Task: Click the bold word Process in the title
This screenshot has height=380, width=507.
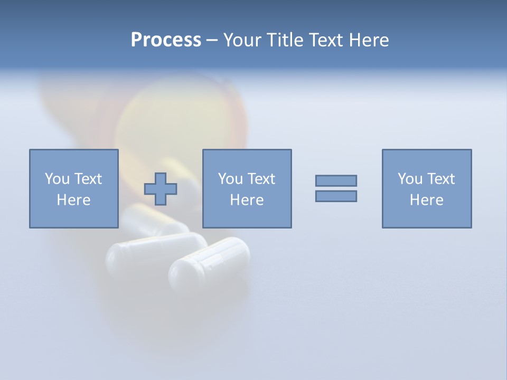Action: [166, 40]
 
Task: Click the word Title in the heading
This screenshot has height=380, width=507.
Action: [285, 40]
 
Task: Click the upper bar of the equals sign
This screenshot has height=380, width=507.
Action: [336, 180]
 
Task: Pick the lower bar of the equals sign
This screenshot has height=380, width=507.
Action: [336, 196]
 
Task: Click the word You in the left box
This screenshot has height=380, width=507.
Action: [58, 179]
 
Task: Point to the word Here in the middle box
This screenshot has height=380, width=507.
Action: [247, 200]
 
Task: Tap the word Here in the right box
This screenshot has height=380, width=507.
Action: [427, 200]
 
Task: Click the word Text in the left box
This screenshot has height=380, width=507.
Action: [88, 179]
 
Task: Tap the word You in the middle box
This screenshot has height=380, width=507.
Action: [231, 179]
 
